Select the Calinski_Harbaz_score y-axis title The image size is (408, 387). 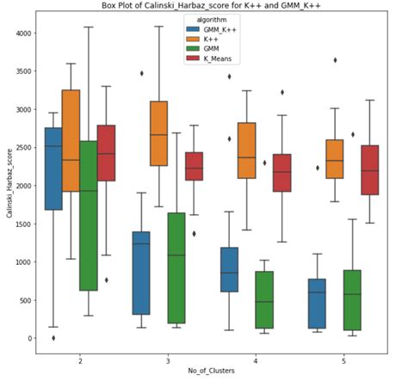8,185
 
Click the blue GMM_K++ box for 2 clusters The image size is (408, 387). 53,169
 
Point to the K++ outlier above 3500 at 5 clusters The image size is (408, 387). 335,60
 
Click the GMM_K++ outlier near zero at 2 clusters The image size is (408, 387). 53,338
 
